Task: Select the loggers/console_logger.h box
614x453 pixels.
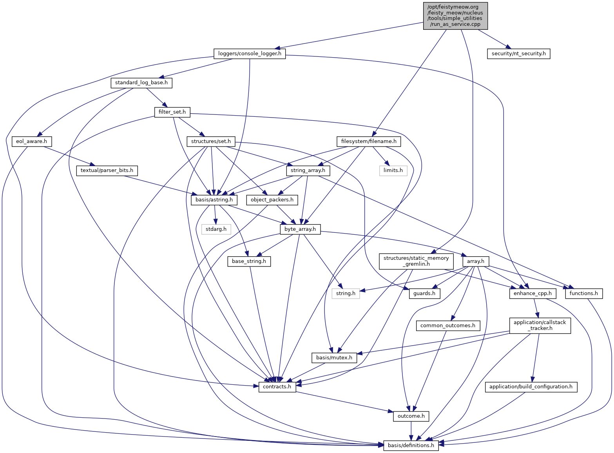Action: [250, 53]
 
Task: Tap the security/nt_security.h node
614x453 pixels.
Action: [518, 53]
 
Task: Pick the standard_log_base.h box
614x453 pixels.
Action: [141, 83]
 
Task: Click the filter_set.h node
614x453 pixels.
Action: [172, 112]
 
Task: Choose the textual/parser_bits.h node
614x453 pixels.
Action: [107, 170]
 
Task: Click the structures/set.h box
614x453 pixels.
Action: [211, 141]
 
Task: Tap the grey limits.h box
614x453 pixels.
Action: [393, 170]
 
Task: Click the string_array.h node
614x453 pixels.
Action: [308, 170]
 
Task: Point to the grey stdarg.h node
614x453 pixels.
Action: [216, 229]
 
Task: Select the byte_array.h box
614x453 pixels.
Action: [300, 229]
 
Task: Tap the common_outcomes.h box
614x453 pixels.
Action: [448, 325]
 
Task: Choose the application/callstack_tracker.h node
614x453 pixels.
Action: [540, 325]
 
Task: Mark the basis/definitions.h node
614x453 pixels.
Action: [411, 445]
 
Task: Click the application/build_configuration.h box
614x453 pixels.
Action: [531, 387]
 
